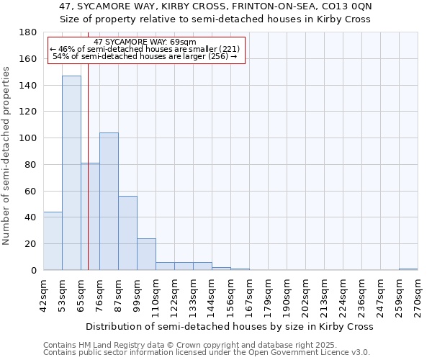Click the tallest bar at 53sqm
point(71,173)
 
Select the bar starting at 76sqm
point(109,202)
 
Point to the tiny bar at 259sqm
point(408,269)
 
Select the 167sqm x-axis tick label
point(249,296)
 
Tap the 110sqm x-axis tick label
point(156,296)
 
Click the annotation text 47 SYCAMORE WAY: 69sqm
point(145,42)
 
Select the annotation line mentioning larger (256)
point(145,57)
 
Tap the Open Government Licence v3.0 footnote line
point(207,353)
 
